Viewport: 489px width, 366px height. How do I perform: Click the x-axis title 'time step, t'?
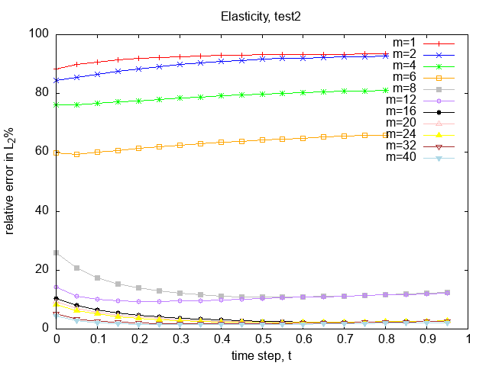pos(262,355)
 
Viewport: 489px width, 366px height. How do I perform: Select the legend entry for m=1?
pos(405,43)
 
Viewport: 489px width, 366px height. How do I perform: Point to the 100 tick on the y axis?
pos(40,34)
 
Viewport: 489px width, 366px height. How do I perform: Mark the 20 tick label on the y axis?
pos(43,269)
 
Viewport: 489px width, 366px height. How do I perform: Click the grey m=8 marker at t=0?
pos(57,252)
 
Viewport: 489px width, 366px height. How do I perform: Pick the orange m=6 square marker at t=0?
pos(57,152)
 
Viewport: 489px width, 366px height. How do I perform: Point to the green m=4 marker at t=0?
pos(57,104)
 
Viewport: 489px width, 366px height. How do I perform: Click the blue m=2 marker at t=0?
pos(57,80)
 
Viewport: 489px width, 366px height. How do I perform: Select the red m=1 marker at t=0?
pos(57,69)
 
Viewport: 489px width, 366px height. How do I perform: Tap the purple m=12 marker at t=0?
pos(57,287)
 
